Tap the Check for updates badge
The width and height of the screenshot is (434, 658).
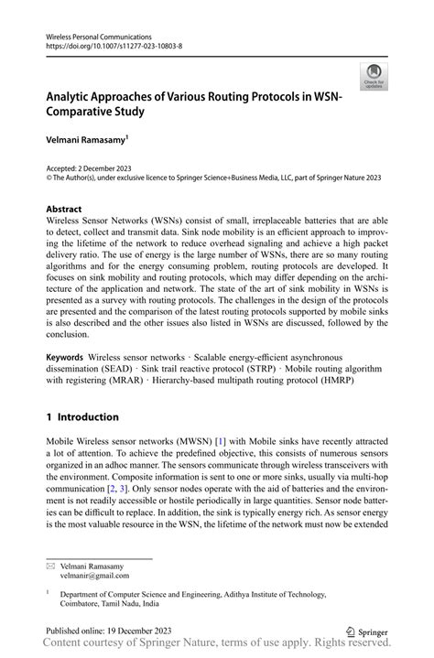374,77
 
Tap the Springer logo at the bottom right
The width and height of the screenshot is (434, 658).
366,631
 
